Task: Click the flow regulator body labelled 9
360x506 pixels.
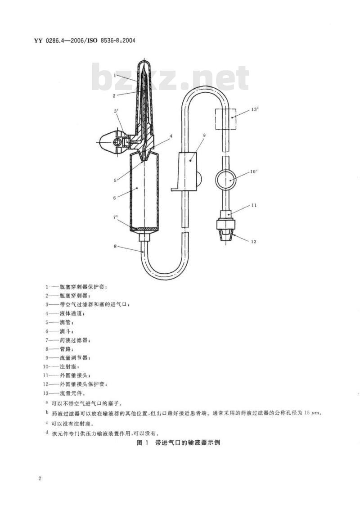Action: coord(187,172)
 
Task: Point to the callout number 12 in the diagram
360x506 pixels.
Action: coord(253,241)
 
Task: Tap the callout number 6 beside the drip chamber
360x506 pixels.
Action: coord(114,198)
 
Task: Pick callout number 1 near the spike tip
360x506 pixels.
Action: coord(114,75)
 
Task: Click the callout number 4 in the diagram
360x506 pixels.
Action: coord(171,136)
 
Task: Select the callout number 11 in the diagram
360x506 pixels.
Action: coord(254,205)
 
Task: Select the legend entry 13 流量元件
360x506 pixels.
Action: coord(64,393)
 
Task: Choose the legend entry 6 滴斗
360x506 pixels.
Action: coord(59,331)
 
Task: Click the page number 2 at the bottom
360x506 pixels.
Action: coord(40,478)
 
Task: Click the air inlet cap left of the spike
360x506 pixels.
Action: coord(111,142)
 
